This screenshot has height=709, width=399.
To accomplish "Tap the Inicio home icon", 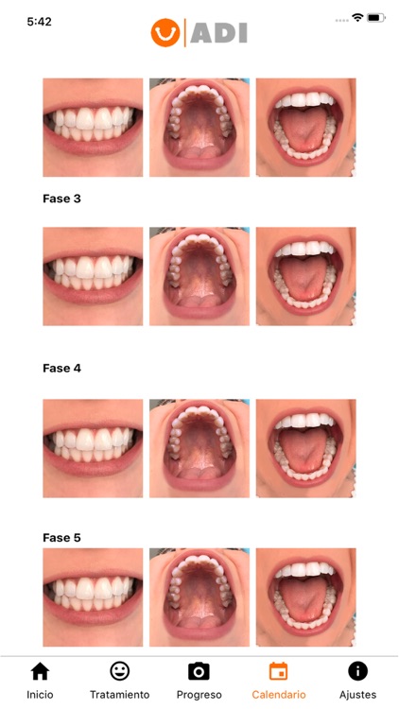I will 40,671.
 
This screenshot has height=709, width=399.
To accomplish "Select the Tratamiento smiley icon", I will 119,671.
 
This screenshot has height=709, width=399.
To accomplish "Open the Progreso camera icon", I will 199,671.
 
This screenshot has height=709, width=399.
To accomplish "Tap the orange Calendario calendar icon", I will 278,671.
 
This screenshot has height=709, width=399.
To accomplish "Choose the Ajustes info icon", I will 357,671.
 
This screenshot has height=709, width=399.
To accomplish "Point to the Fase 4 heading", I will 61,368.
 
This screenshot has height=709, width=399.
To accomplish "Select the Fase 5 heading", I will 61,537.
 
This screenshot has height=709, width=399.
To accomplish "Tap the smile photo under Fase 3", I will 93,276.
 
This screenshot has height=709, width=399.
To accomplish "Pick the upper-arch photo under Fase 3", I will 199,276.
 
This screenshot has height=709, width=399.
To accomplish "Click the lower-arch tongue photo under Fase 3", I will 305,276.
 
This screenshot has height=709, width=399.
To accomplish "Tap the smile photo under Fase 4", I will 93,448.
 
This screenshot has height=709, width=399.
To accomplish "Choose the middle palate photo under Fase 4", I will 199,448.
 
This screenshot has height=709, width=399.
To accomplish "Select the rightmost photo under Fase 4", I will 305,448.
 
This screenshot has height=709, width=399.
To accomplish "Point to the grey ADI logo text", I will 219,33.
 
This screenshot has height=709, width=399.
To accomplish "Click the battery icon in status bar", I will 375,18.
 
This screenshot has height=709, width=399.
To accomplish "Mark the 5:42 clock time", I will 39,21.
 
